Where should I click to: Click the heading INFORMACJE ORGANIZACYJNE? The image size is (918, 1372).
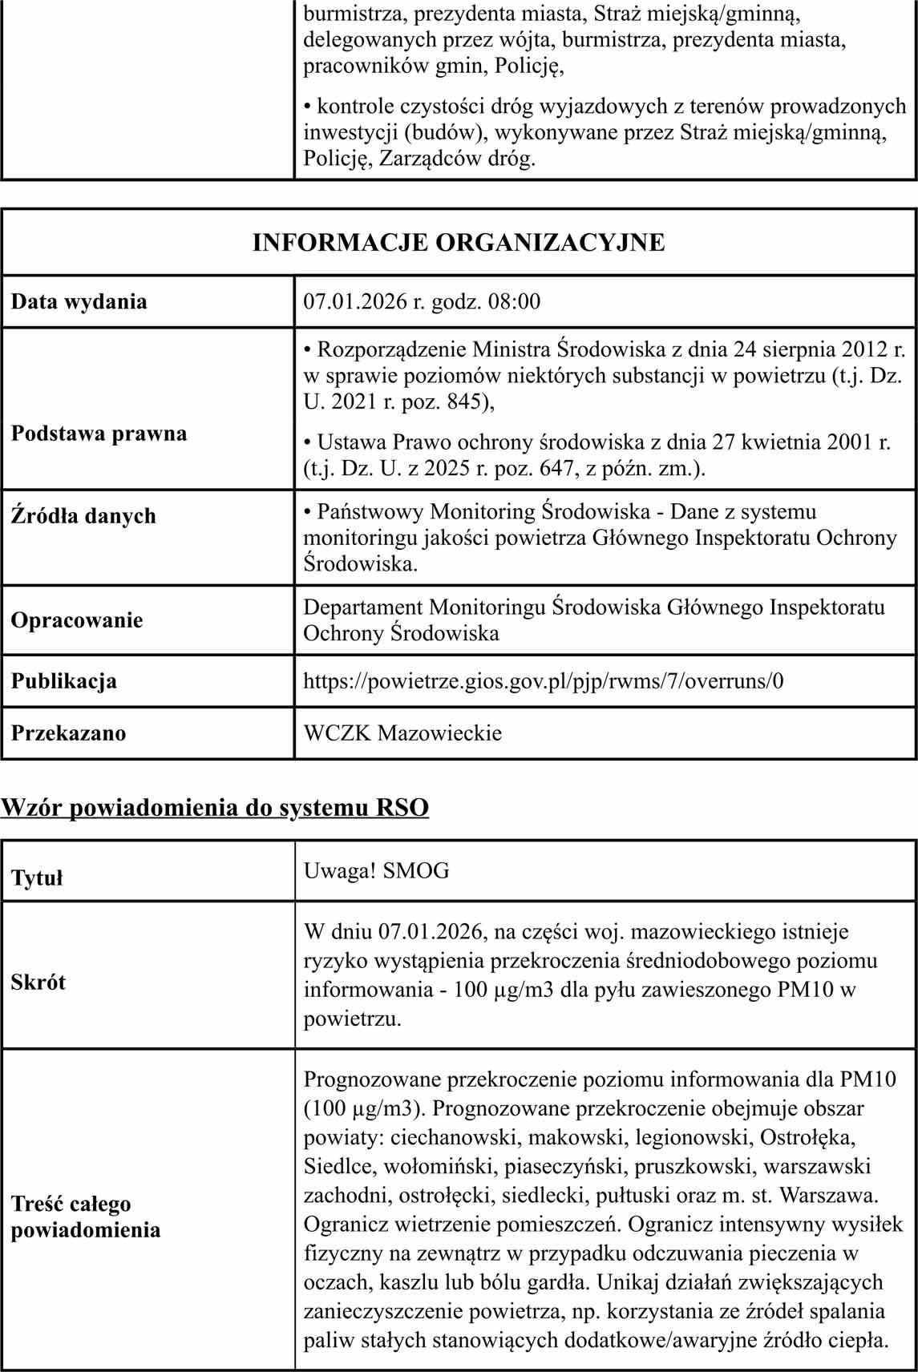[459, 242]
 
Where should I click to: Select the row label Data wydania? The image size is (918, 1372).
[79, 302]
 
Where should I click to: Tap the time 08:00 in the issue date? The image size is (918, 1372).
[514, 302]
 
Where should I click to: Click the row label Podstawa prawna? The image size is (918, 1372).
[99, 434]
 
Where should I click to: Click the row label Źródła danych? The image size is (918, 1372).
[83, 515]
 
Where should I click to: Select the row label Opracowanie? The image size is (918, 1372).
[77, 620]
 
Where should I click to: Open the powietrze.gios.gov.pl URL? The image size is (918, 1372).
[543, 681]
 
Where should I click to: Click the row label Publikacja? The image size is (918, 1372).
[63, 681]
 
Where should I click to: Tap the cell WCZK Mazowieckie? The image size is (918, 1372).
[402, 733]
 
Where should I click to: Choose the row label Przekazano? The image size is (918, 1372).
[68, 733]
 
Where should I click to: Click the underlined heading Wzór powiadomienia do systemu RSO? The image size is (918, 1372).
[215, 807]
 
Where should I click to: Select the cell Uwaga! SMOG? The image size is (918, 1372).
[376, 870]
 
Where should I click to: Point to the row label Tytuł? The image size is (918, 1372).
[37, 878]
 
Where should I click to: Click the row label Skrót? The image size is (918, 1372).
[38, 983]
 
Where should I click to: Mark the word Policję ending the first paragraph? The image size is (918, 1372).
[528, 66]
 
